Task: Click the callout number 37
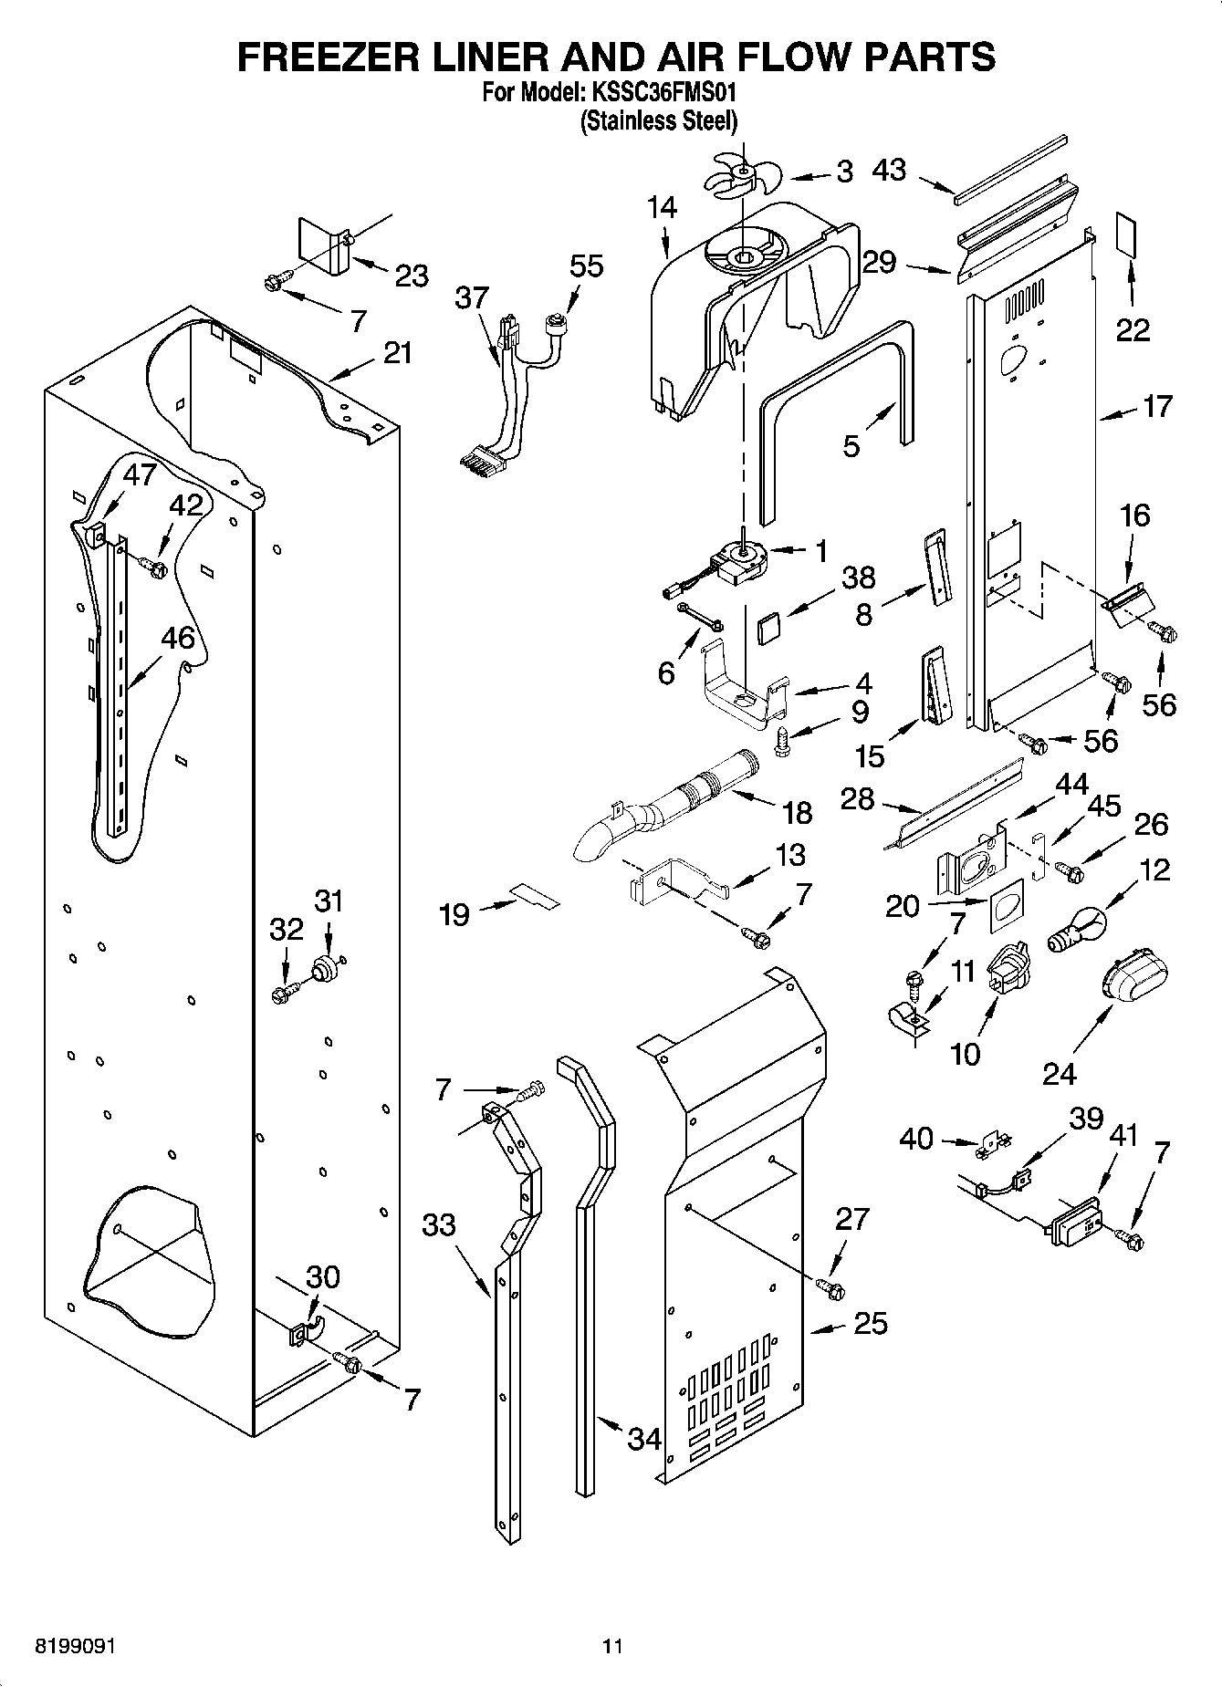473,298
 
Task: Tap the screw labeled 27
830,1288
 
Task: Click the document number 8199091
75,1647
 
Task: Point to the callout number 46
178,638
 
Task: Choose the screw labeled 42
152,568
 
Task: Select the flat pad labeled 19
533,895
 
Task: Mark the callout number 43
889,171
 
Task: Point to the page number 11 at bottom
611,1647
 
